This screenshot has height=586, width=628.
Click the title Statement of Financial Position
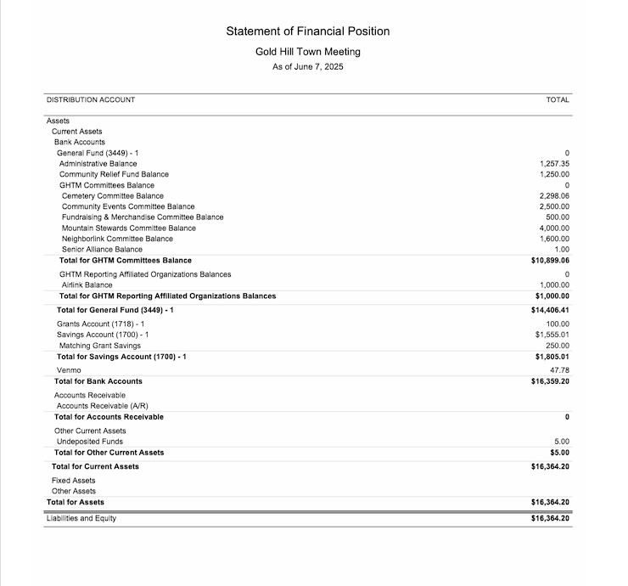click(x=308, y=31)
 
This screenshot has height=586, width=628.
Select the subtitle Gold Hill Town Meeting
click(x=308, y=52)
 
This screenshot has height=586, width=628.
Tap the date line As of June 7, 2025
click(x=308, y=67)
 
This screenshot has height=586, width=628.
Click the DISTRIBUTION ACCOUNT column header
click(x=91, y=100)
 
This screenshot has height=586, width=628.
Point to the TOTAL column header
click(x=558, y=100)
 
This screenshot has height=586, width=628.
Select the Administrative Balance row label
click(x=98, y=164)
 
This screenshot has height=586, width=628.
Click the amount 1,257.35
click(x=554, y=164)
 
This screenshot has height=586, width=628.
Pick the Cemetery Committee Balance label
click(x=113, y=196)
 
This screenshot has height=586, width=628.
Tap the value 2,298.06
click(x=554, y=196)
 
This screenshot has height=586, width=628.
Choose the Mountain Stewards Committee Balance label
click(x=129, y=228)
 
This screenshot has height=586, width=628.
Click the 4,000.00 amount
click(x=554, y=228)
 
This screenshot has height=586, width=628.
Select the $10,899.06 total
click(x=550, y=261)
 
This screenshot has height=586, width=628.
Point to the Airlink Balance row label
click(x=87, y=285)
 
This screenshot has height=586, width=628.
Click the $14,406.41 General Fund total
click(x=550, y=311)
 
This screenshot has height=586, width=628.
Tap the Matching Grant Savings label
click(x=100, y=347)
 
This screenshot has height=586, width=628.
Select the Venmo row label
click(x=69, y=371)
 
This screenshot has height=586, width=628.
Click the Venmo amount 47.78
click(x=559, y=371)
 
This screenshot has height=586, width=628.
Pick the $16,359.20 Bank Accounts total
click(x=550, y=382)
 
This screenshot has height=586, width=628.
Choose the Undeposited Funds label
click(x=90, y=442)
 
